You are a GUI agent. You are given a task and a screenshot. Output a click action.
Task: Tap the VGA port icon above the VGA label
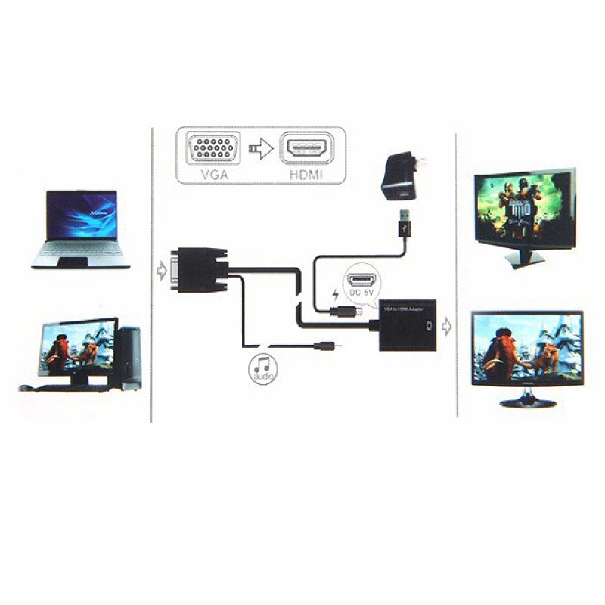212,147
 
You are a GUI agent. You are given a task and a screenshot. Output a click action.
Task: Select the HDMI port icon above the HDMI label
306,147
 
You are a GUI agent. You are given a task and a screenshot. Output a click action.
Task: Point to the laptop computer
82,228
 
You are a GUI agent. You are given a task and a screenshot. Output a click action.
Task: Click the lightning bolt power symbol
336,292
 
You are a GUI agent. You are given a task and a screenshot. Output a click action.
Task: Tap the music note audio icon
263,367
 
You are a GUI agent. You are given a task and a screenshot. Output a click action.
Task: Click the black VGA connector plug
199,270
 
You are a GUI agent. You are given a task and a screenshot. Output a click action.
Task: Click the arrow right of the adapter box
447,327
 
